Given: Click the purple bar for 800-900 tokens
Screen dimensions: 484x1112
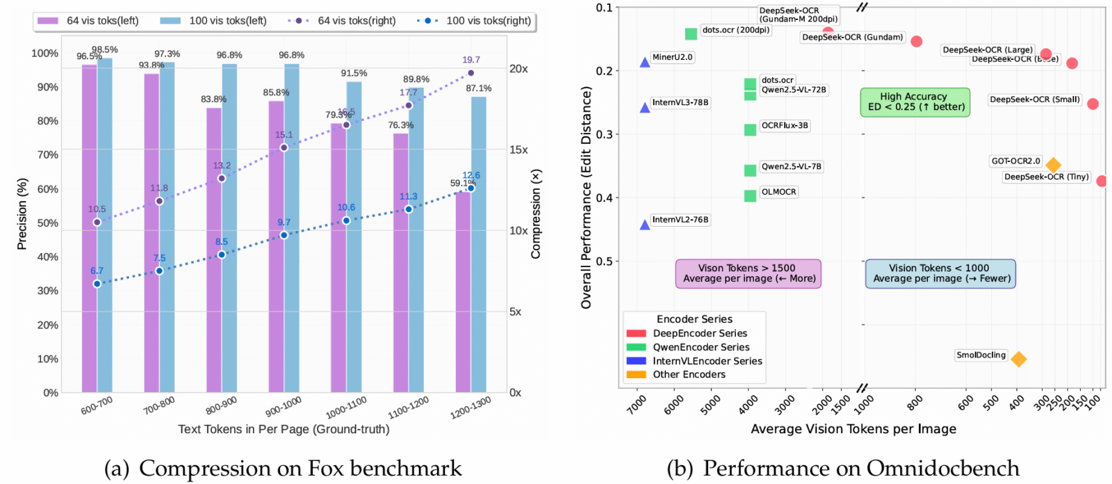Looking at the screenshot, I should [x=213, y=250].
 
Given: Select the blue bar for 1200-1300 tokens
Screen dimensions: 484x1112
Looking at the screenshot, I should [x=479, y=243].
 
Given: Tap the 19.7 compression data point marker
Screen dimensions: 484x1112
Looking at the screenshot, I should [x=471, y=73].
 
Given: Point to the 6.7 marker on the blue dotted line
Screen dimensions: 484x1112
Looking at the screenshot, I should [x=97, y=284].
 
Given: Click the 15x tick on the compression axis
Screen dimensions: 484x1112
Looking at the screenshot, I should [x=518, y=150].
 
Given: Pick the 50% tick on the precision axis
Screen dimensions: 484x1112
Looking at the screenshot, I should [x=47, y=223].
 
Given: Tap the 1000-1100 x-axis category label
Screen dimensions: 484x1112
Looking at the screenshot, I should [x=346, y=408].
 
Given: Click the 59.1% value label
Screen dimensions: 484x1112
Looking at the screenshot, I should [x=462, y=184].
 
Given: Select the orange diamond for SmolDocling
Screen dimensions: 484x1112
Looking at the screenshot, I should [x=1018, y=360].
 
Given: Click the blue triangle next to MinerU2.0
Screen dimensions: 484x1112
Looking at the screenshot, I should [x=645, y=63].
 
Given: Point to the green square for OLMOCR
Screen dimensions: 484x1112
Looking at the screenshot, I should [x=750, y=196].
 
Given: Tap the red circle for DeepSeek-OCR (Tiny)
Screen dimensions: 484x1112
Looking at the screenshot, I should [x=1102, y=181].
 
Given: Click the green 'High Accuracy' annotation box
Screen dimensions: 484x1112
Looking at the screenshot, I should [x=915, y=102].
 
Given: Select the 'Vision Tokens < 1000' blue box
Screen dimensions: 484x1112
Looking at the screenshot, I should [x=940, y=273].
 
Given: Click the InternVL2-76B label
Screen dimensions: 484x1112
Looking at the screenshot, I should [x=680, y=220].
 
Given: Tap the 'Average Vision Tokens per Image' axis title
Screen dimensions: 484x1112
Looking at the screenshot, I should [x=853, y=429].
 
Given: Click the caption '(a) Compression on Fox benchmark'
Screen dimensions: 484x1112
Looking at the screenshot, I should [x=283, y=469].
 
